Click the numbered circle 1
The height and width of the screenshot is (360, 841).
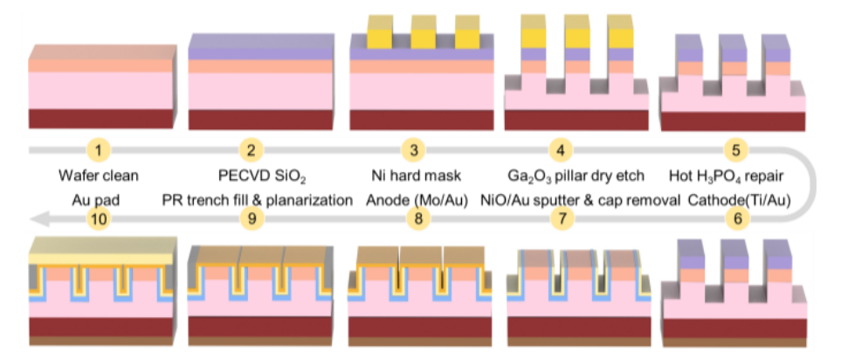98,150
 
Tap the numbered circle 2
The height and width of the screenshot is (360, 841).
251,150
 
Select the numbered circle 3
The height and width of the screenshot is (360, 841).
413,150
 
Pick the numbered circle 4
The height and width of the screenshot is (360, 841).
561,150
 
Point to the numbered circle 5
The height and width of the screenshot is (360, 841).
736,150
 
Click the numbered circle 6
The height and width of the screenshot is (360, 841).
737,219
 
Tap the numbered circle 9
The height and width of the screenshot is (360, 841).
251,219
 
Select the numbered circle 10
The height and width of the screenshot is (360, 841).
97,219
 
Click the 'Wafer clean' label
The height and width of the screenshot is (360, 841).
97,176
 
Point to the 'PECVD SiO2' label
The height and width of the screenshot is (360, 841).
251,177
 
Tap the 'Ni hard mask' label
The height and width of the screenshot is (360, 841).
414,176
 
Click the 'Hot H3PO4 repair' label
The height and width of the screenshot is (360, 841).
735,177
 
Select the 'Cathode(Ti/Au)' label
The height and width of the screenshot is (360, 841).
736,201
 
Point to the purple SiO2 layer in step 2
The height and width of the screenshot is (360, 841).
260,52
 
